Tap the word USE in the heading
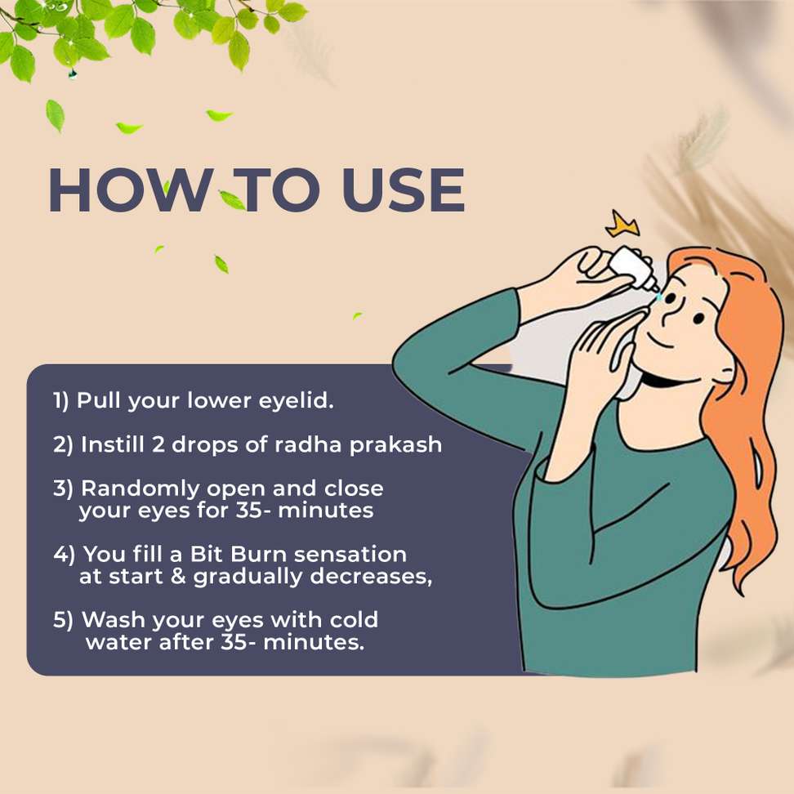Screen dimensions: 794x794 tap(403, 190)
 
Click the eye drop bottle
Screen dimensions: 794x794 tap(633, 269)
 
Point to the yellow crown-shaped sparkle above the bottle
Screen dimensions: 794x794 tap(622, 224)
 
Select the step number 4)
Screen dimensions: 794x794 tap(65, 555)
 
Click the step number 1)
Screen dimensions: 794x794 tap(61, 401)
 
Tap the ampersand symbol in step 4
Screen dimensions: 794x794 tap(178, 577)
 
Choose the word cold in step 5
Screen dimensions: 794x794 tap(354, 619)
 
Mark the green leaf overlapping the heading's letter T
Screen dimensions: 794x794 tap(233, 199)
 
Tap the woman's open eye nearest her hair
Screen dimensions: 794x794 tap(698, 319)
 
